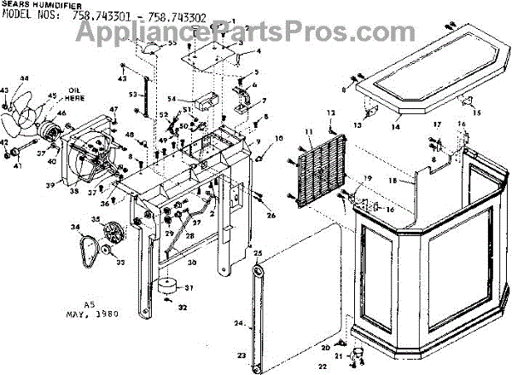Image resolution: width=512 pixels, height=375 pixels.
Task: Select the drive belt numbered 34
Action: tap(84, 248)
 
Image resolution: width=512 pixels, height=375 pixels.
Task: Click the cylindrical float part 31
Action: tap(167, 287)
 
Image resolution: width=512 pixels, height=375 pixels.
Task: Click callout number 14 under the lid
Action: tap(395, 127)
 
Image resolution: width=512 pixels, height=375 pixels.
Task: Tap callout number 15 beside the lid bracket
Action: tap(477, 112)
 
